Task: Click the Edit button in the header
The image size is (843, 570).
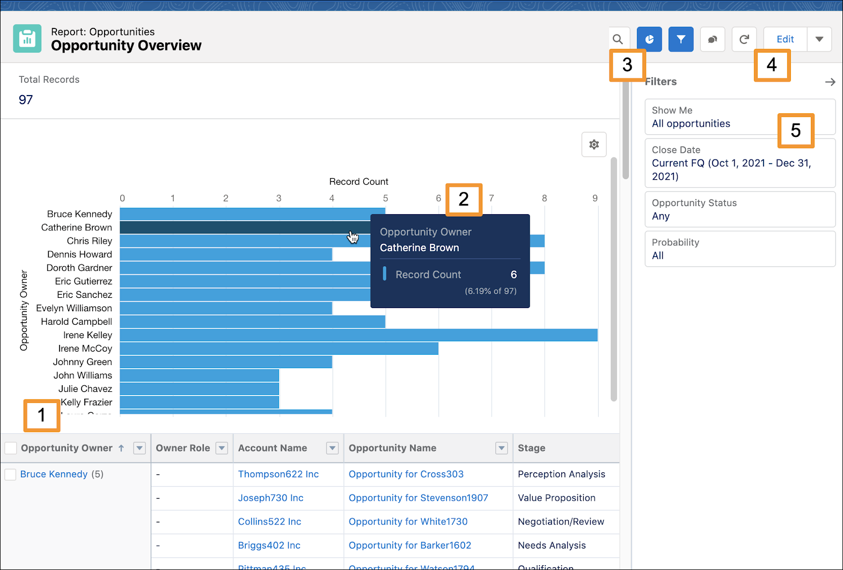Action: (785, 39)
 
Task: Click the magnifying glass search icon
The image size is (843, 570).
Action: (618, 39)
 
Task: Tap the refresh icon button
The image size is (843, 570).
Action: (744, 39)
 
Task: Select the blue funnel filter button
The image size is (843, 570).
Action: (681, 39)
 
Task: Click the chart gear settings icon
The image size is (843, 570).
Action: (594, 144)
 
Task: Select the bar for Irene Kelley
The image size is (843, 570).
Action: (358, 335)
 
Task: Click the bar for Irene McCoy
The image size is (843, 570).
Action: (279, 348)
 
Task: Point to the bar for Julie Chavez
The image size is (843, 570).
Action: (199, 389)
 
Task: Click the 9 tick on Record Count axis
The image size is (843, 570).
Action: (595, 198)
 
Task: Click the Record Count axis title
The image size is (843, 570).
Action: (358, 181)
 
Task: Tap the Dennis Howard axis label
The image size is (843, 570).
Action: (79, 254)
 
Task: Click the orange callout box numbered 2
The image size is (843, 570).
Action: (464, 199)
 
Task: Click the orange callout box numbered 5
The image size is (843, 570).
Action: (796, 130)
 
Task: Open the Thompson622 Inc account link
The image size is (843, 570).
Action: (278, 474)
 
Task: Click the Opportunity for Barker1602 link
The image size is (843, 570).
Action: (409, 545)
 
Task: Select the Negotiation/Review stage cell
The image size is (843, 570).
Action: (561, 522)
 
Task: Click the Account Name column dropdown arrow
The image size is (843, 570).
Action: (333, 448)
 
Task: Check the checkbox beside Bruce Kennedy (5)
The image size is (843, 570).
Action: (10, 474)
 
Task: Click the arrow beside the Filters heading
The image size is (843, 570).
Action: (830, 82)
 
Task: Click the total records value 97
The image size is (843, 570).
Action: (26, 100)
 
